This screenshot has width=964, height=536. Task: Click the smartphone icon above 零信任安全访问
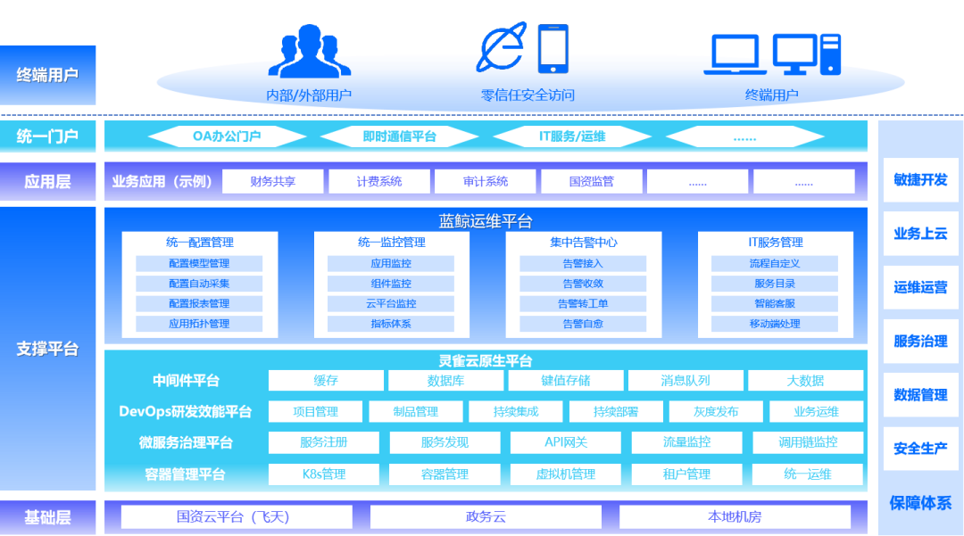pos(553,49)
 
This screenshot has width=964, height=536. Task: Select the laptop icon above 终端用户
pos(735,54)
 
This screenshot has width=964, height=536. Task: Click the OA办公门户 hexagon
pos(227,136)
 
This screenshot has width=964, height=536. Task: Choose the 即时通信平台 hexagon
pos(400,136)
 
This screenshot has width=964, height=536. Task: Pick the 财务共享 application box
pos(273,181)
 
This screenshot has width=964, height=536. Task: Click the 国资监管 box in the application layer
pos(592,181)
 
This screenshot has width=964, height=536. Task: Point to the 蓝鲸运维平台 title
pos(485,221)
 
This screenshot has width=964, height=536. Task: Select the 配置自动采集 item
pos(199,284)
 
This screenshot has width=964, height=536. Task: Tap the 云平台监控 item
pos(391,303)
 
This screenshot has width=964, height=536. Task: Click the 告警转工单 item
pos(583,303)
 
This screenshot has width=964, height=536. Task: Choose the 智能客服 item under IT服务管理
pos(775,303)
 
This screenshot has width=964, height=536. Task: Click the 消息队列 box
pos(686,381)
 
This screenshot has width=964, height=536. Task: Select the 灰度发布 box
pos(716,411)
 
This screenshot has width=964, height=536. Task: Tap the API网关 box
pos(566,442)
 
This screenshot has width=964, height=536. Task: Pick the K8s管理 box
pos(324,474)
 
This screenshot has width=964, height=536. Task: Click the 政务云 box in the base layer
pos(486,517)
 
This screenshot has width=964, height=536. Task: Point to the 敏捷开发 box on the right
pos(920,180)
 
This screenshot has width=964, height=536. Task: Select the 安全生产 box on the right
pos(920,449)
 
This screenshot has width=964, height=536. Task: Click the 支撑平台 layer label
pos(48,349)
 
